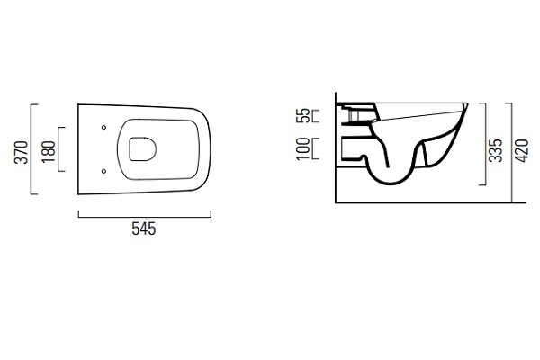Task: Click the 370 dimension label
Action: [x=22, y=152]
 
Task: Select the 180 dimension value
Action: [x=49, y=152]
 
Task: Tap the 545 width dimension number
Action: [x=144, y=229]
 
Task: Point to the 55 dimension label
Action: [x=303, y=115]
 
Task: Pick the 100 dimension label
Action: [x=303, y=148]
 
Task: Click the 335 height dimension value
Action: [x=496, y=150]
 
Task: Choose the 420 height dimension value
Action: [x=521, y=150]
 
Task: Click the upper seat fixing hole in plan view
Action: [x=103, y=128]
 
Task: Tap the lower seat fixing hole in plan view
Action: [x=103, y=171]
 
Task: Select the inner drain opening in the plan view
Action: [x=142, y=149]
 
